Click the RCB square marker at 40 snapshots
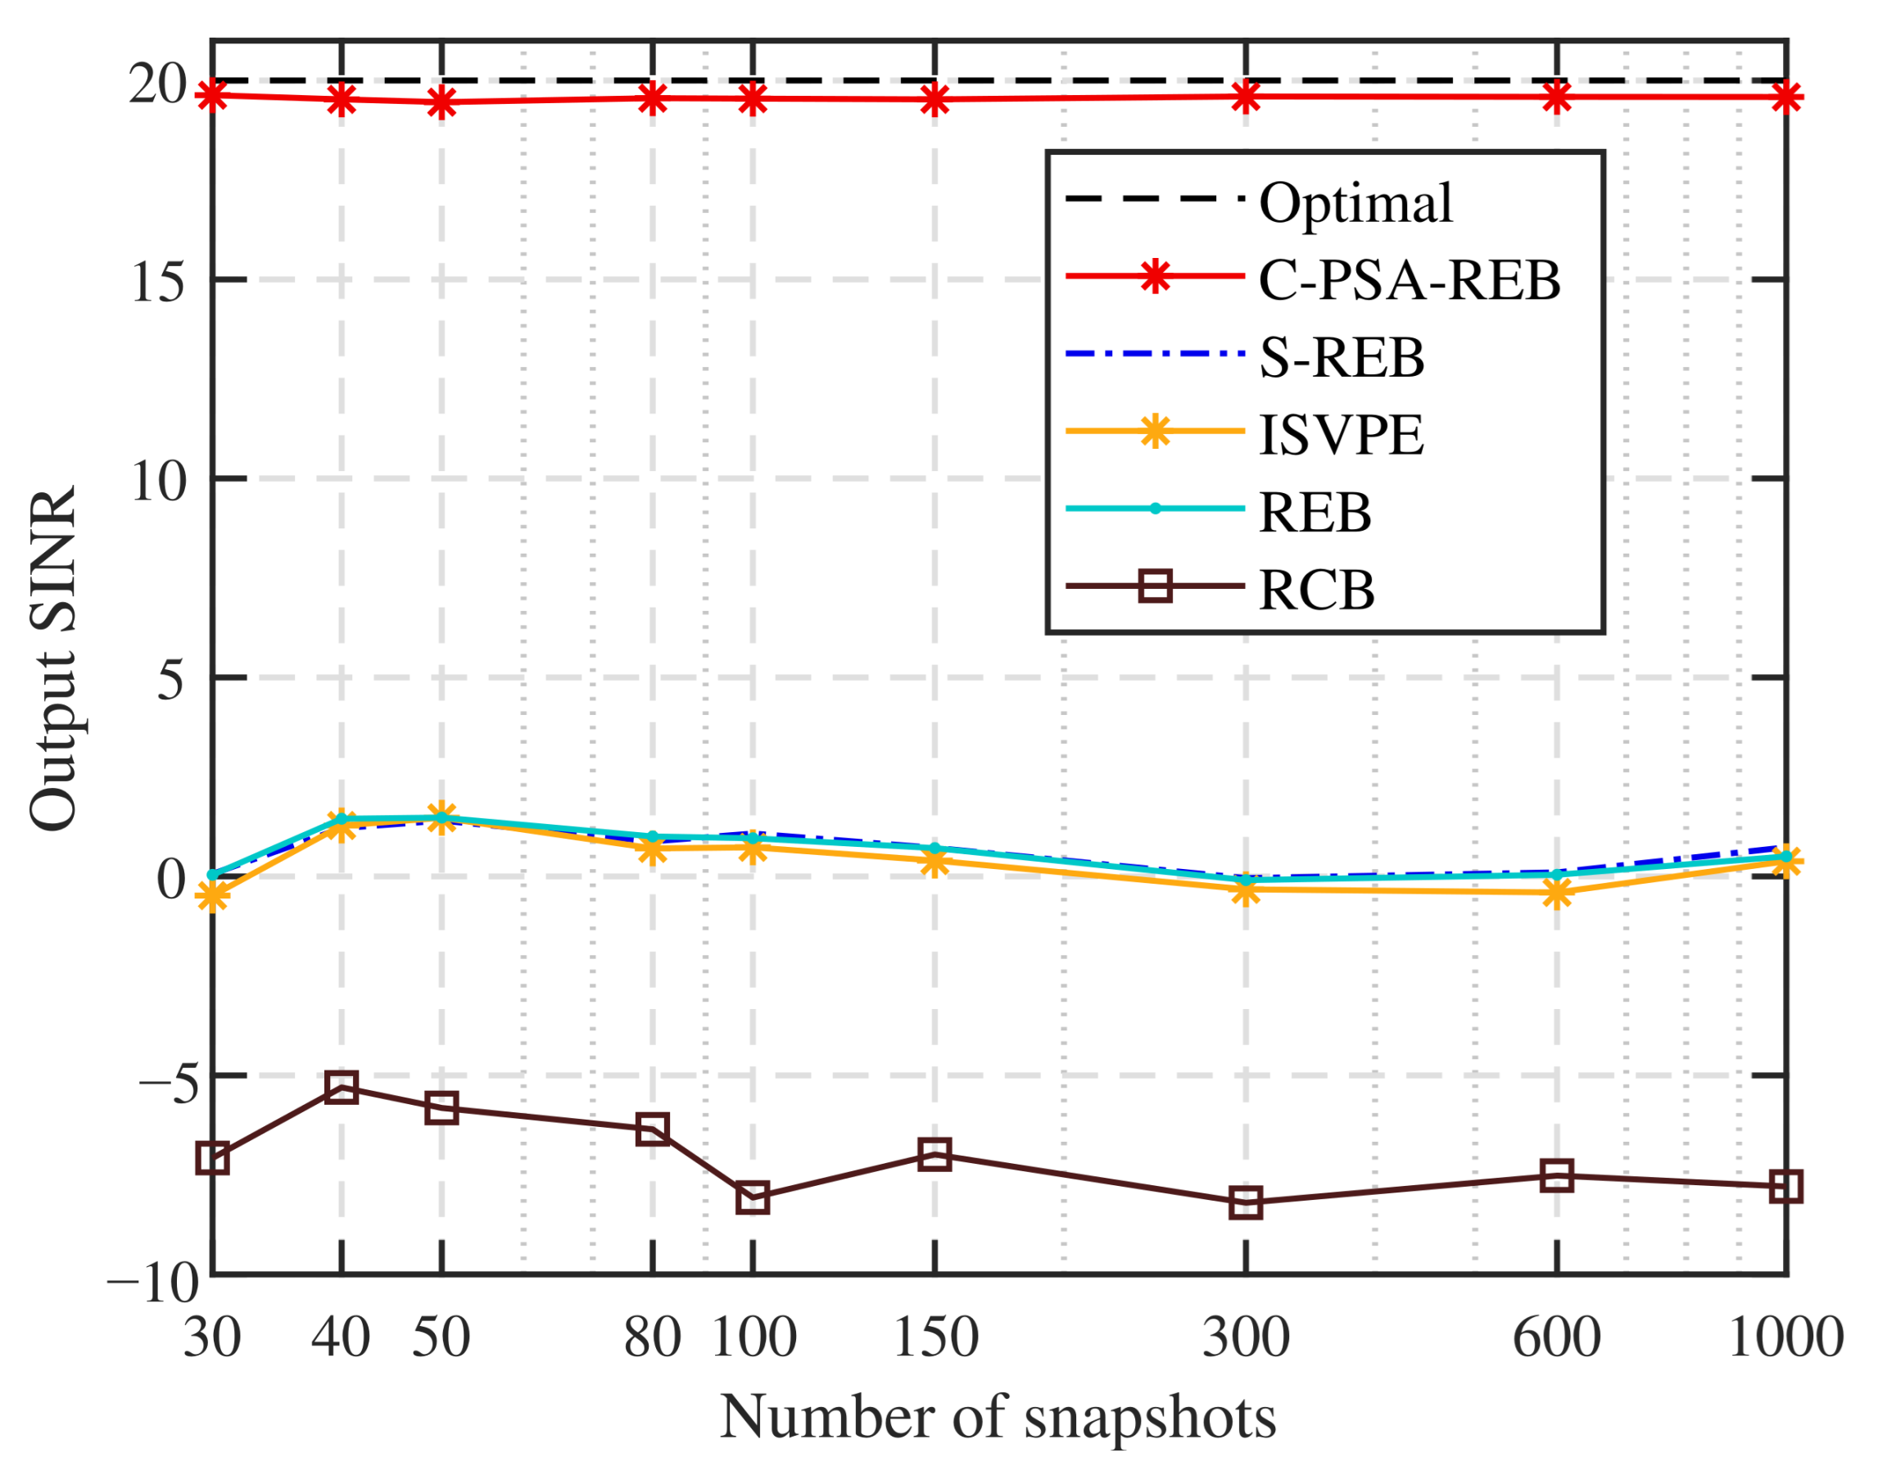(x=342, y=1087)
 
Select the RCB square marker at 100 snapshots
(x=753, y=1197)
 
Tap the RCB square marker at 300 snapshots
(x=1246, y=1202)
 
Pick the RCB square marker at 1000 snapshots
(x=1785, y=1185)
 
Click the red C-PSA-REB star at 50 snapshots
(x=442, y=102)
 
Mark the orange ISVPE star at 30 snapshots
(x=213, y=897)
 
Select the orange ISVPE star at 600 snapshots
(x=1557, y=894)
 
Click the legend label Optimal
(x=1355, y=204)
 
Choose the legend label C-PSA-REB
(x=1409, y=280)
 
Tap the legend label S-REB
(x=1342, y=357)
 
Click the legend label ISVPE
(x=1342, y=434)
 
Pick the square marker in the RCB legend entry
(x=1155, y=586)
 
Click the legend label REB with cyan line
(x=1315, y=512)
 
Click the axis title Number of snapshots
(x=998, y=1419)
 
